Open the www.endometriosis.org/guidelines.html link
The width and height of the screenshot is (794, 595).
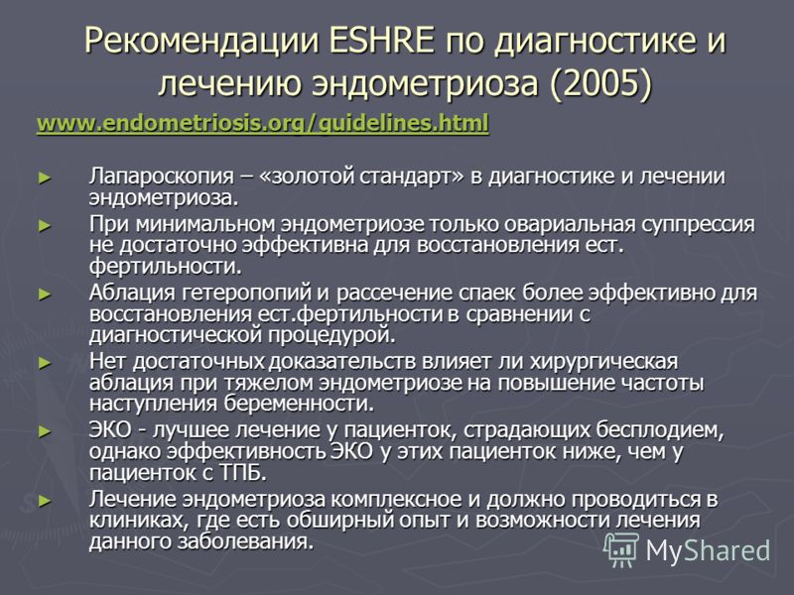pos(263,123)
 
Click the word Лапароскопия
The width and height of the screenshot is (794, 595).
pos(162,177)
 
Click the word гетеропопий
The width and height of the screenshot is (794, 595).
pos(246,293)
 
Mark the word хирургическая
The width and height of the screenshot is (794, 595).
pos(603,362)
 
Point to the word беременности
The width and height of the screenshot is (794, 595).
pos(299,404)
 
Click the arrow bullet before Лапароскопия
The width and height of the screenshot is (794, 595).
pos(45,178)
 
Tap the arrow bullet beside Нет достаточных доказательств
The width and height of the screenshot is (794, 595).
pos(45,363)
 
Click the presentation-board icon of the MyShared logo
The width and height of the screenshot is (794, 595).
pos(621,549)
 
